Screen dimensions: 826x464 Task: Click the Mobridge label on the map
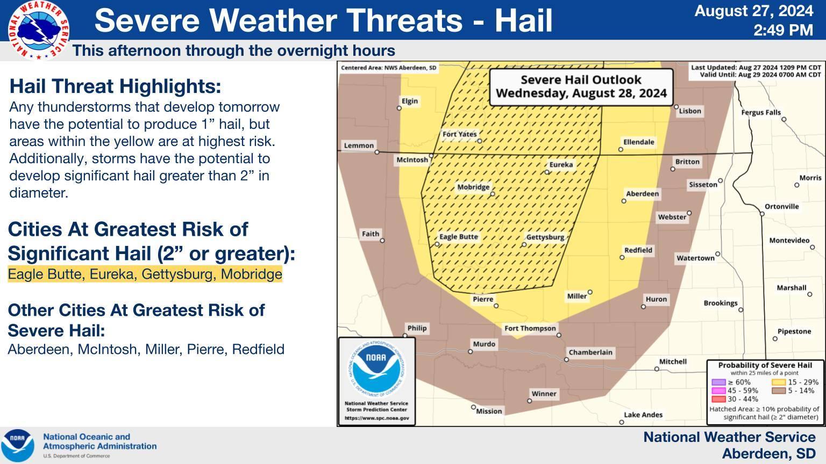[473, 187]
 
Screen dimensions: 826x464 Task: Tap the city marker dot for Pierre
[496, 306]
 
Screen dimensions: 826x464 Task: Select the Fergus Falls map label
[761, 112]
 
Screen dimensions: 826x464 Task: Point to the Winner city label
[544, 394]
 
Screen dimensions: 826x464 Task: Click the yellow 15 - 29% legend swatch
[779, 382]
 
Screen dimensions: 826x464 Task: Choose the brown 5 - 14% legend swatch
[779, 391]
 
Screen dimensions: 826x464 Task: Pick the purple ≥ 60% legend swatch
[718, 382]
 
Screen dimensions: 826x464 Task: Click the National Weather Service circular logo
[38, 30]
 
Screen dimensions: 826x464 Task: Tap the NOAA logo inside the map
[376, 368]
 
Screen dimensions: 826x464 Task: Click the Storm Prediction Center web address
[376, 418]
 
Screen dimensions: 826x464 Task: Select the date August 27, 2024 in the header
[754, 11]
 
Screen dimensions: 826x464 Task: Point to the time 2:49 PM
[783, 30]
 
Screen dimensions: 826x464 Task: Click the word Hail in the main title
[523, 20]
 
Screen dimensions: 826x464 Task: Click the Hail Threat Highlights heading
[115, 86]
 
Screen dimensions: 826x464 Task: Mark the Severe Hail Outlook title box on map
[581, 87]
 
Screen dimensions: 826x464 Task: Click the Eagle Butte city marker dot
[437, 244]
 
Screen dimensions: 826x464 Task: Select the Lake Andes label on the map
[643, 415]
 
